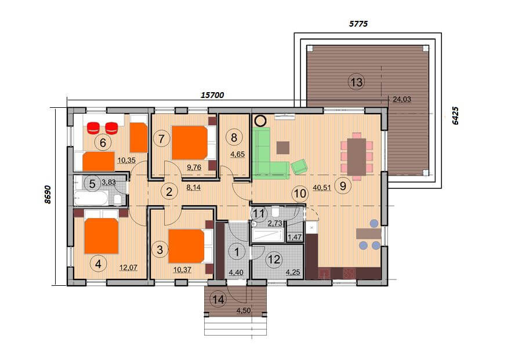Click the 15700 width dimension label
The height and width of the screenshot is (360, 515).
click(212, 95)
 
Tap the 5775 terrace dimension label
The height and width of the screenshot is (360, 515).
click(358, 24)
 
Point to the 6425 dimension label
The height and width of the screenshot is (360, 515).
click(455, 115)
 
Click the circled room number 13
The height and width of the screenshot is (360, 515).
click(356, 82)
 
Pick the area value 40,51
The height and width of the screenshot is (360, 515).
click(322, 188)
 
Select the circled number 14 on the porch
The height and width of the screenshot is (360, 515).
click(219, 299)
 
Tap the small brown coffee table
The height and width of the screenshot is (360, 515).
click(283, 148)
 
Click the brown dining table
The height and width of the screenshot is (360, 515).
click(357, 157)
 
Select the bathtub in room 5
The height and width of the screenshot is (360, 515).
click(91, 198)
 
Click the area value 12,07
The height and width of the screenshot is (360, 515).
click(128, 268)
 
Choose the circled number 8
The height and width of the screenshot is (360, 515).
click(234, 137)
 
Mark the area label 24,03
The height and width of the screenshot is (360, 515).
click(402, 99)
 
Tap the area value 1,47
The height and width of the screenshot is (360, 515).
click(295, 237)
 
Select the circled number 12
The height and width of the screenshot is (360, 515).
click(274, 260)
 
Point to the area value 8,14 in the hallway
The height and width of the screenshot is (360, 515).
click(193, 188)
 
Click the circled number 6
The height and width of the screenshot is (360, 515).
click(103, 143)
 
